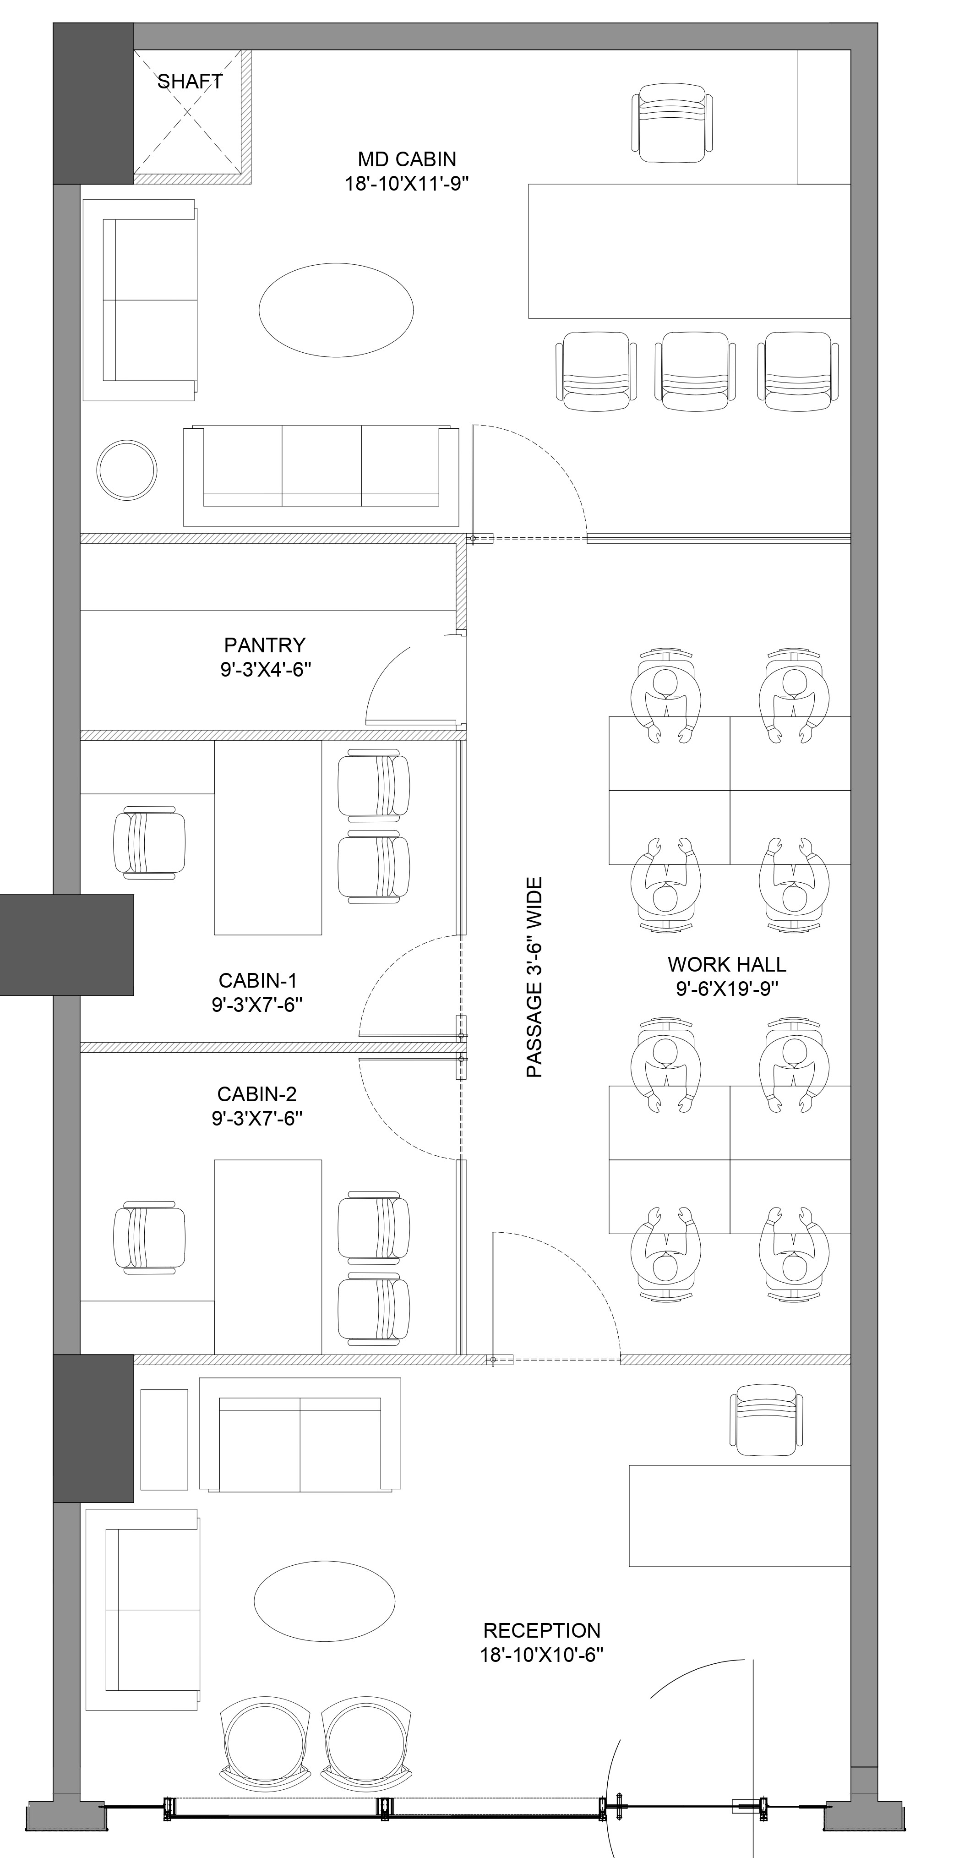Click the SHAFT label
(x=190, y=82)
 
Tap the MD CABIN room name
(x=407, y=158)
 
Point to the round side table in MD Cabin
(x=127, y=470)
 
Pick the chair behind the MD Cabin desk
(x=672, y=123)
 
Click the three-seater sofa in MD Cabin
(x=321, y=476)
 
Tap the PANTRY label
(x=265, y=645)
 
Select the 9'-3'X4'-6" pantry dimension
(x=265, y=669)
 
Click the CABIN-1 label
(x=257, y=980)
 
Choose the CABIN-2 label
(x=256, y=1094)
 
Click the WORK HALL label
(x=727, y=964)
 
